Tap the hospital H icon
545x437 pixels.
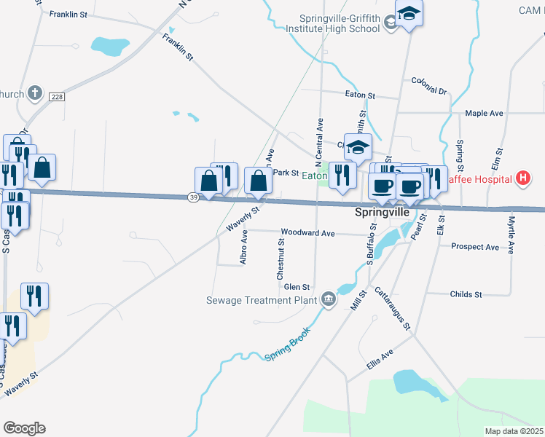pos(522,178)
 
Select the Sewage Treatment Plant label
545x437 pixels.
pos(262,299)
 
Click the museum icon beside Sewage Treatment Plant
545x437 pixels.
pos(329,299)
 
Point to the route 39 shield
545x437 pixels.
pos(192,197)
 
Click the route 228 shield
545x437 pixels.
pos(57,97)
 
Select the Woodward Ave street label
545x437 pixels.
pos(307,233)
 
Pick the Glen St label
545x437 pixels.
pos(297,287)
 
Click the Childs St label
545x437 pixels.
pos(466,294)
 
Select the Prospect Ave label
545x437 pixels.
pos(475,247)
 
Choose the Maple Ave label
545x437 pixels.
pos(485,114)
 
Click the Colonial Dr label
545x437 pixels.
pos(428,85)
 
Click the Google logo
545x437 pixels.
pos(24,428)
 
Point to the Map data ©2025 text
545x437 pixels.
pos(514,431)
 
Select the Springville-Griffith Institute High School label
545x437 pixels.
pos(340,23)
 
